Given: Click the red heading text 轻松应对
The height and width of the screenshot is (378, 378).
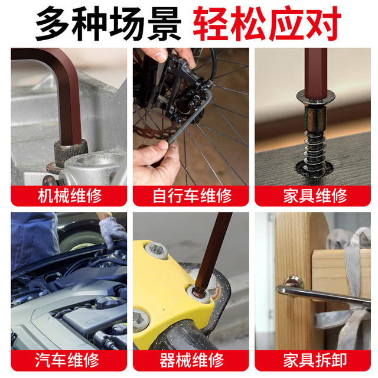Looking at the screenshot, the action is click(x=267, y=24).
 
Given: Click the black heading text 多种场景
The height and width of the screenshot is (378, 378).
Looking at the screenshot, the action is click(x=108, y=24).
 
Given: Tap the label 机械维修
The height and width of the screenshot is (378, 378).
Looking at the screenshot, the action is click(x=70, y=195).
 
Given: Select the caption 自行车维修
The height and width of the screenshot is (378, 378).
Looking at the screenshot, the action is click(x=192, y=195).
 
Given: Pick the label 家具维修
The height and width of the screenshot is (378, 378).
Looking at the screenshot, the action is click(x=315, y=195).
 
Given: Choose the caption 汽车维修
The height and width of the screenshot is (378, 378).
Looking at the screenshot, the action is click(x=67, y=360).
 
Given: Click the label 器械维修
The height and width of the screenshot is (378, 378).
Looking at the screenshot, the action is click(x=191, y=360).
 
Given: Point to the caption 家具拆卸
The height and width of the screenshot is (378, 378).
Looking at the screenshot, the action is click(x=315, y=360).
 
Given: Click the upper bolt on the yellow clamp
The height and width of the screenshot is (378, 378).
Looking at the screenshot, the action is click(x=156, y=250).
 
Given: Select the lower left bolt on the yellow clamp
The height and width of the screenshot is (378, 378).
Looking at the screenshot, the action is click(x=141, y=319).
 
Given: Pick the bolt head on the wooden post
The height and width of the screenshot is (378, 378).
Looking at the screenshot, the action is click(x=293, y=282).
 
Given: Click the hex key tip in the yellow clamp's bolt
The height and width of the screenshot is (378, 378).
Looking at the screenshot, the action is click(x=198, y=291).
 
